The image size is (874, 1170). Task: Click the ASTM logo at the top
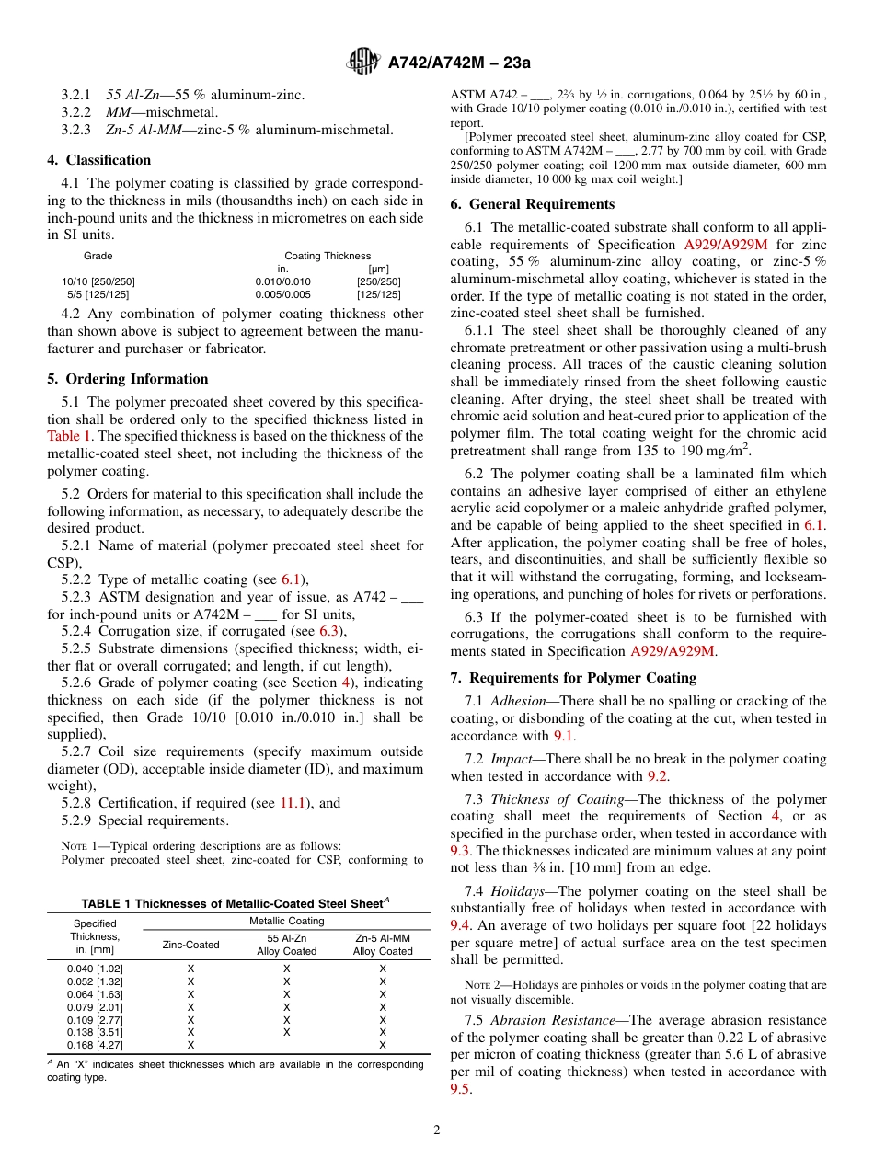coord(363,62)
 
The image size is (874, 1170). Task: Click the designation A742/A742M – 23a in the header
coord(459,63)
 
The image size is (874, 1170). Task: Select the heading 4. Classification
coord(98,160)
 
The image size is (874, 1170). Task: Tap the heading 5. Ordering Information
coord(127,379)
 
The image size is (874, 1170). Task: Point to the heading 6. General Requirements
coord(531,204)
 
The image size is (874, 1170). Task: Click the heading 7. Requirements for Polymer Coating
coord(573,678)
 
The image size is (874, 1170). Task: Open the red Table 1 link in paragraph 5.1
coord(69,436)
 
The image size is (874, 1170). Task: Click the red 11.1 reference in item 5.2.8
coord(291,803)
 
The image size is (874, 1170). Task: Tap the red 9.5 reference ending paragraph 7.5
coord(460,1089)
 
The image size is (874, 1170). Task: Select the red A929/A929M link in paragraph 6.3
coord(673,651)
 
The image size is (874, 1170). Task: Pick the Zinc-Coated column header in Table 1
coord(190,945)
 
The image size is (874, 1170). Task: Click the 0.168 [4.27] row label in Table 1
coord(95,1046)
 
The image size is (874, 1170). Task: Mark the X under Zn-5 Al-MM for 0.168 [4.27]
coord(383,1046)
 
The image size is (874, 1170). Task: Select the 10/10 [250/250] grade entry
coord(98,281)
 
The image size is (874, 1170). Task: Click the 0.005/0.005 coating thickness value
coord(282,294)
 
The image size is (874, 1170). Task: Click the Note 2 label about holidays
coord(480,985)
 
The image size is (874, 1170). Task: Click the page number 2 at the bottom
coord(437,1130)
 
